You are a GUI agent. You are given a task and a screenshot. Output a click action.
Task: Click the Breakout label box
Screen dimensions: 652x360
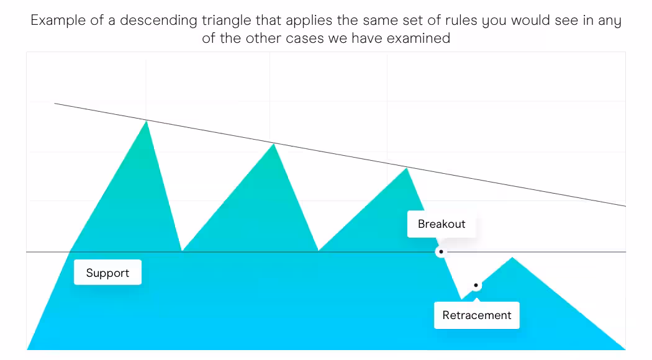coord(441,224)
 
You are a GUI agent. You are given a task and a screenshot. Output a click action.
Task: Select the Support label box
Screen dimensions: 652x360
coord(107,272)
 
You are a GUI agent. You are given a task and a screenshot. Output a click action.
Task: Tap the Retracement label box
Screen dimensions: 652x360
coord(476,315)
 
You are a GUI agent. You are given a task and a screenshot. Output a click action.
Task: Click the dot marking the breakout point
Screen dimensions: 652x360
coord(441,252)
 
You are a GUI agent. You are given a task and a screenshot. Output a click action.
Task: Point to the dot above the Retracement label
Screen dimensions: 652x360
coord(476,285)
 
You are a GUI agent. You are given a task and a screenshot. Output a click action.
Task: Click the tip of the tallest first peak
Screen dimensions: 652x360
coord(147,120)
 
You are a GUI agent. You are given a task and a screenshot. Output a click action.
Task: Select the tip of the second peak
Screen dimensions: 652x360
coord(274,144)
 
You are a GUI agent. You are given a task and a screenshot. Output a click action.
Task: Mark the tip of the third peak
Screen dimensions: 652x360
coord(406,168)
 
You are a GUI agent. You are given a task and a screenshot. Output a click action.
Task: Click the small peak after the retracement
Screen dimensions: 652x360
coord(512,258)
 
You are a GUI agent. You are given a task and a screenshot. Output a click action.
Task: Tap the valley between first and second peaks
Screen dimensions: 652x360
coord(182,251)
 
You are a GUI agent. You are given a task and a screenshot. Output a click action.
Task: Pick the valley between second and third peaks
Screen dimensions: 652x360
coord(318,251)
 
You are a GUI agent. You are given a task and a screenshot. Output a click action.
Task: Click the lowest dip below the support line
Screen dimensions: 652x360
coord(461,299)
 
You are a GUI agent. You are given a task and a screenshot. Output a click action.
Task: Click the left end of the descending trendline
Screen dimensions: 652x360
coord(55,103)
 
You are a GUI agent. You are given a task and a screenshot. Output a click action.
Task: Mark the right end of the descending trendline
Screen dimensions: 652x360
coord(625,206)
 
